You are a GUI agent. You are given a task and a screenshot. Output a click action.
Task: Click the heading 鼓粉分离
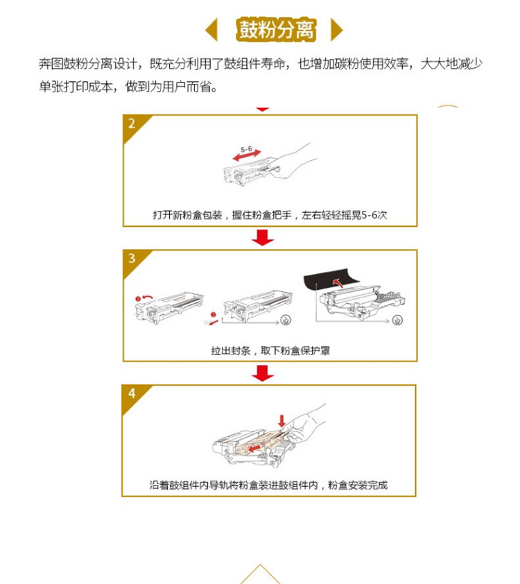(x=276, y=29)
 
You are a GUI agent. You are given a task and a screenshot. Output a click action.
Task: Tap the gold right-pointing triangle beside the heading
(x=336, y=29)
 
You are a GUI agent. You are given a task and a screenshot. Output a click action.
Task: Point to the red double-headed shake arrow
(x=247, y=155)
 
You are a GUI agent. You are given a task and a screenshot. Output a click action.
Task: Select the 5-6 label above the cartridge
(x=246, y=149)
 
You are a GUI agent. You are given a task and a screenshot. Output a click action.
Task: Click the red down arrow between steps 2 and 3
(x=263, y=238)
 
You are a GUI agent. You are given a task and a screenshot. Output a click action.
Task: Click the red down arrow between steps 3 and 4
(x=263, y=373)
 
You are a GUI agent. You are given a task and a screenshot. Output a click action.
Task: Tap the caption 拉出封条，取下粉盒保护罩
(x=270, y=350)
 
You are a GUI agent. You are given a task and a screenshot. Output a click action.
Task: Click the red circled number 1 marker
(x=138, y=299)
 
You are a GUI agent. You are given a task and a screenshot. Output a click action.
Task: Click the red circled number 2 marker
(x=214, y=315)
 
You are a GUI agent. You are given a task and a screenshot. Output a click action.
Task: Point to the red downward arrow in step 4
(x=281, y=420)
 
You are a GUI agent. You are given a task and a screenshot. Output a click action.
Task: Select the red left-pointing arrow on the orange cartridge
(x=254, y=447)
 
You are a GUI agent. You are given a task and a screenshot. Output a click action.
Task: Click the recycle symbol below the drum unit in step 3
(x=397, y=320)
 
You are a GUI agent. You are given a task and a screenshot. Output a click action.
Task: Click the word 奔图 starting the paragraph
(x=51, y=64)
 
